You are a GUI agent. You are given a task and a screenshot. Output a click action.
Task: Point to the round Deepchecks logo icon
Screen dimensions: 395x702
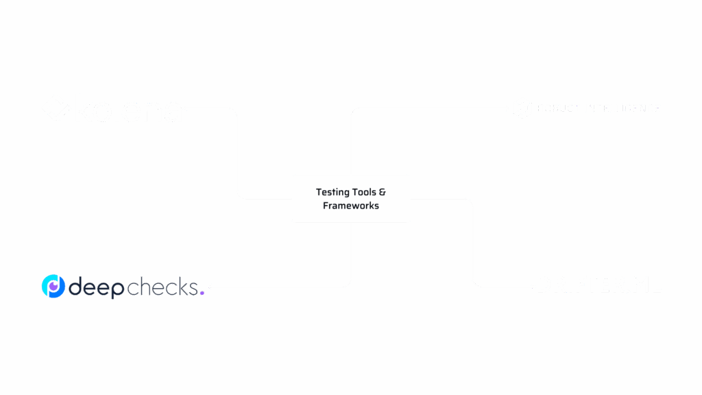[x=53, y=287]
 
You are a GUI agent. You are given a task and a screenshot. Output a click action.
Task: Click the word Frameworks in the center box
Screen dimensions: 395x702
[x=350, y=205]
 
